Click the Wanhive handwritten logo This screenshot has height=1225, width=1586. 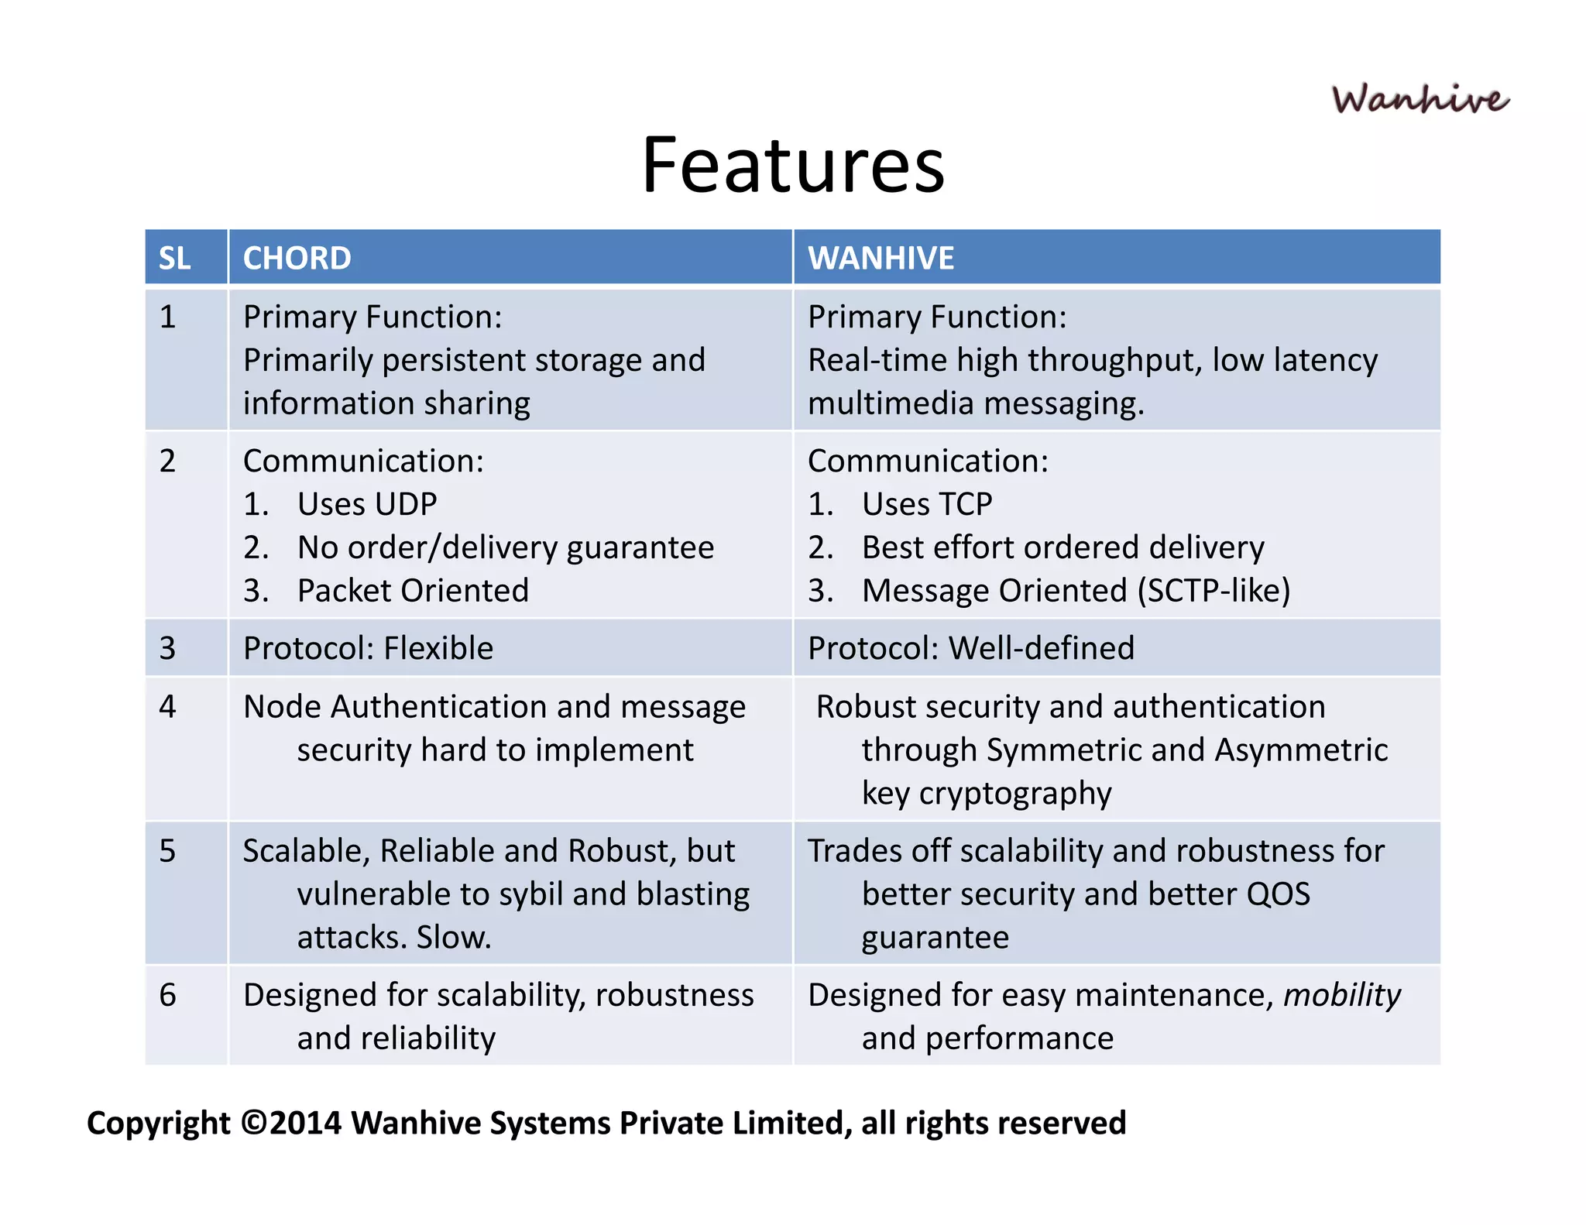1420,100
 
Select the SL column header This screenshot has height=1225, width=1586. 175,258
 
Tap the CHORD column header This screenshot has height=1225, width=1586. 297,258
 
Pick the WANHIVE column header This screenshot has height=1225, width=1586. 881,258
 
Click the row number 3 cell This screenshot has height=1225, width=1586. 168,648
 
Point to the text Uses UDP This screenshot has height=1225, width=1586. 367,504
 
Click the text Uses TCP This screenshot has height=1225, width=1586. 927,504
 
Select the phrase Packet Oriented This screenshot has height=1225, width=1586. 413,591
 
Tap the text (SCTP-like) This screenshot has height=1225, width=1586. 1214,591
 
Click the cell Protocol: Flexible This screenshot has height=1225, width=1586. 368,648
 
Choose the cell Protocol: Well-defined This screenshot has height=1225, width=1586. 970,648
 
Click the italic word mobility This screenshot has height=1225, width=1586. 1341,995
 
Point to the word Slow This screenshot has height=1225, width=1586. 454,938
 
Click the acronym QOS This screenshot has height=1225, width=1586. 1278,894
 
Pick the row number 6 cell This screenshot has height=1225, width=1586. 168,995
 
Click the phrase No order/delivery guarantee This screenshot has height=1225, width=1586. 505,547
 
